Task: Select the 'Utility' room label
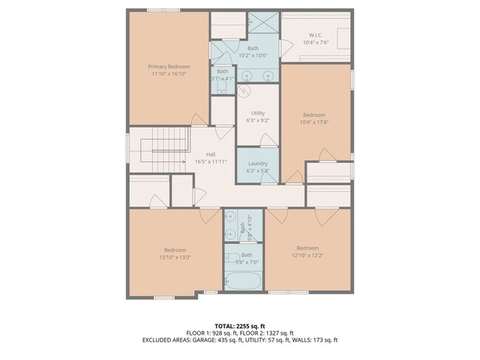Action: pyautogui.click(x=258, y=113)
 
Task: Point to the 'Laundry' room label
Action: pyautogui.click(x=258, y=163)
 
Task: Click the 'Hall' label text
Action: pyautogui.click(x=210, y=153)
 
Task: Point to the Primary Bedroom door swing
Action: pyautogui.click(x=199, y=120)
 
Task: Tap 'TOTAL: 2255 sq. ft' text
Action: pyautogui.click(x=240, y=325)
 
